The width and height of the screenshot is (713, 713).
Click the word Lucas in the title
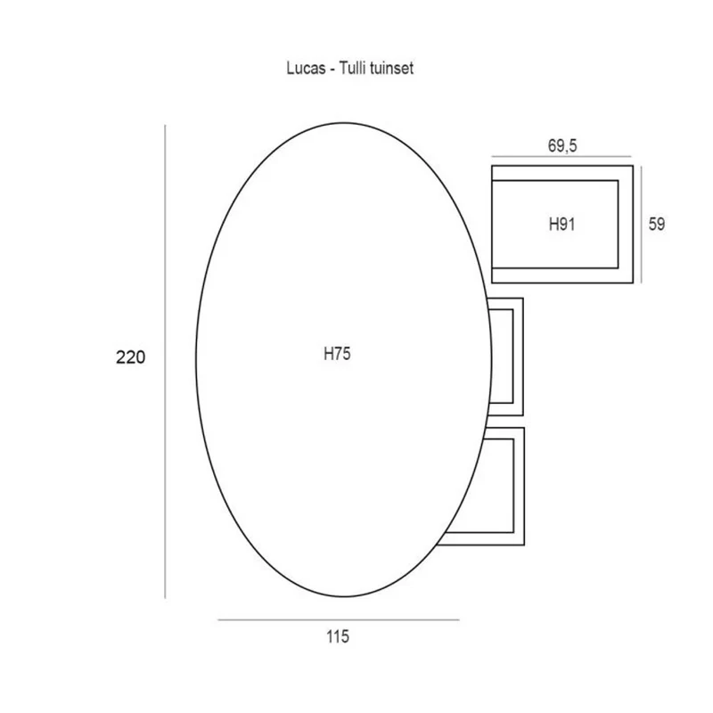[x=306, y=69]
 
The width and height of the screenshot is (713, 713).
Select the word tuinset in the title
[x=391, y=69]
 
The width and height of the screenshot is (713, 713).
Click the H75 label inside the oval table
[x=337, y=354]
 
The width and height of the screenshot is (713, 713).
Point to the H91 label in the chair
[x=562, y=225]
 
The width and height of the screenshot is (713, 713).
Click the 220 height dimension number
[x=130, y=357]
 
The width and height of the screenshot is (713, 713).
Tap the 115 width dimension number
[x=338, y=636]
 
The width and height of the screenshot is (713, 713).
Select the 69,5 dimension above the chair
[x=562, y=146]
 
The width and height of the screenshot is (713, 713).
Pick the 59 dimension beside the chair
[x=657, y=225]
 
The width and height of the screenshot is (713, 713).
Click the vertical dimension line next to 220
[x=165, y=362]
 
